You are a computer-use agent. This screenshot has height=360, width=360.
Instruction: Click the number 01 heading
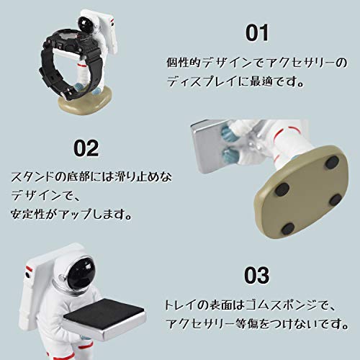click(x=257, y=33)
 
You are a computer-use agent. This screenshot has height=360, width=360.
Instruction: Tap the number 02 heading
click(x=86, y=148)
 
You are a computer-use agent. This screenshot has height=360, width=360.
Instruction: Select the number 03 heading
click(x=256, y=276)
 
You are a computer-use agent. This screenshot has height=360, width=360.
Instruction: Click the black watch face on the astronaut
click(x=70, y=37)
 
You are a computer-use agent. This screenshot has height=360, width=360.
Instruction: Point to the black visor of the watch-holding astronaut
click(x=86, y=24)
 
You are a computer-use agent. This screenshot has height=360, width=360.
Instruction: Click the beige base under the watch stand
click(x=86, y=100)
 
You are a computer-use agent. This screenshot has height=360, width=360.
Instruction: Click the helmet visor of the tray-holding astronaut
click(x=81, y=273)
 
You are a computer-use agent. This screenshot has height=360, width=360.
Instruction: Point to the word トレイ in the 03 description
click(x=181, y=305)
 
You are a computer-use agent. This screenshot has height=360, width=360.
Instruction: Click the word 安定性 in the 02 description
click(x=28, y=214)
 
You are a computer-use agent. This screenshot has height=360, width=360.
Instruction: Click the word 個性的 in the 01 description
click(x=184, y=63)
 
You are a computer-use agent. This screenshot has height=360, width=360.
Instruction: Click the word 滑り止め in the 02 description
click(x=132, y=177)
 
